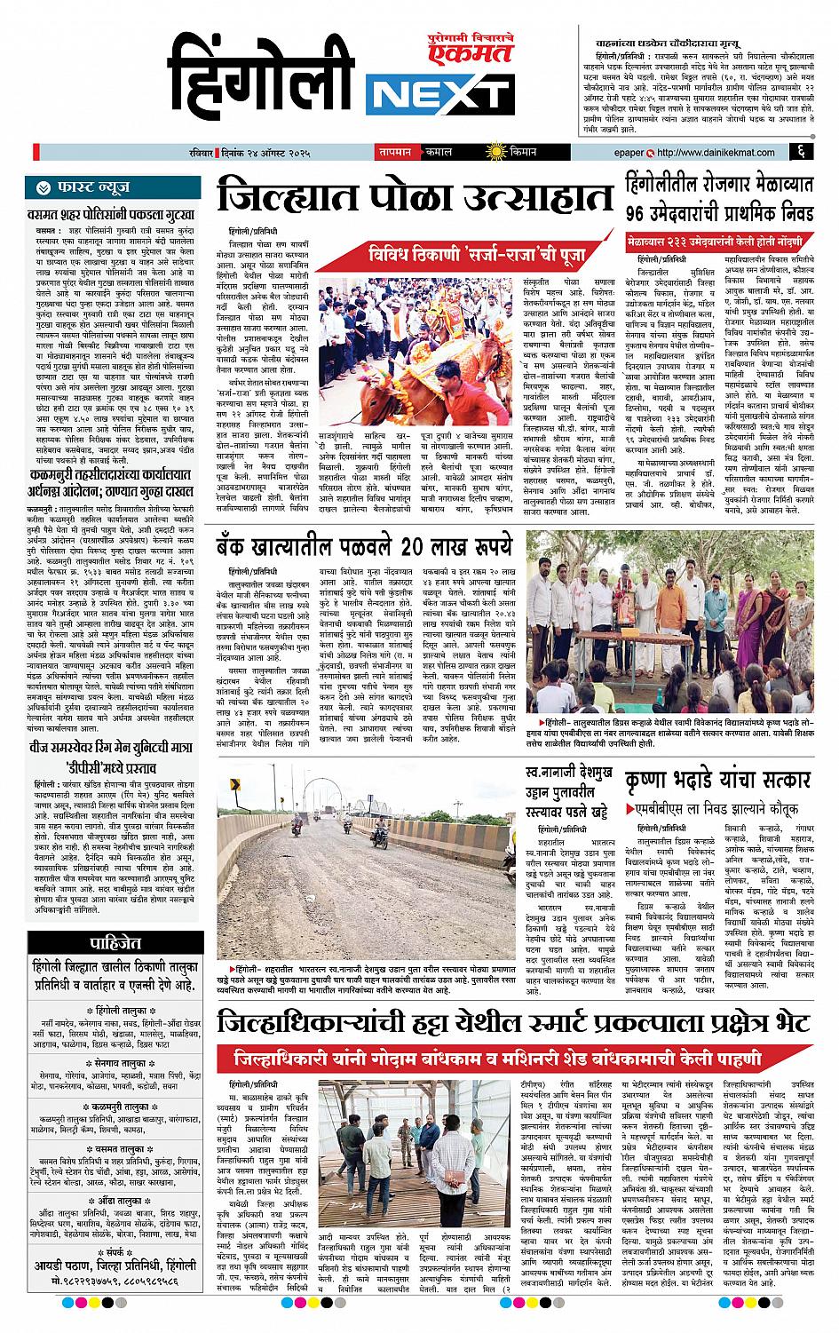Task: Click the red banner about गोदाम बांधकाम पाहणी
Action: point(497,1061)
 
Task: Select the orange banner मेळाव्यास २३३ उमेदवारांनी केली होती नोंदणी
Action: point(719,242)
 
